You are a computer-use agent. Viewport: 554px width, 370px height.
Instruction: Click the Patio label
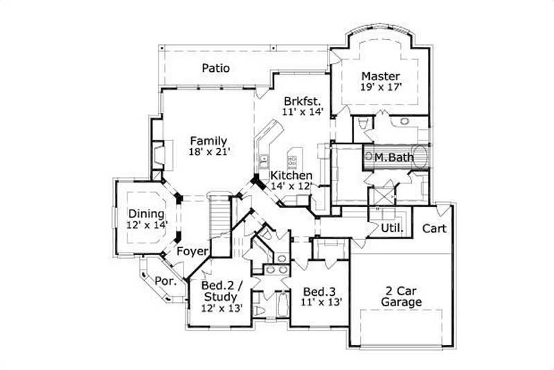tap(216, 68)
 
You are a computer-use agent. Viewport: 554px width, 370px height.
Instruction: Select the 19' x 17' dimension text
tap(380, 87)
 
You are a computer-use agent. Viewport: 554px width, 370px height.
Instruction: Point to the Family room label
tap(208, 141)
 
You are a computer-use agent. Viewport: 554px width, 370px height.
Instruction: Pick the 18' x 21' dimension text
tap(208, 152)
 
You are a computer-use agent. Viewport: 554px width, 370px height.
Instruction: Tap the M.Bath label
tap(394, 158)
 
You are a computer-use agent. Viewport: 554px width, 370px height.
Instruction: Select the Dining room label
tap(146, 214)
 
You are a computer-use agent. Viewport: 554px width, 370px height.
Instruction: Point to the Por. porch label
tap(165, 281)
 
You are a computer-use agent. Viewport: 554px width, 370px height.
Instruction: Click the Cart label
tap(434, 228)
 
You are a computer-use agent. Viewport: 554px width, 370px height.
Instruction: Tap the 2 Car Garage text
tap(401, 297)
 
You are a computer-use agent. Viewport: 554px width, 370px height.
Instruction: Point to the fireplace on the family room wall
tap(159, 155)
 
